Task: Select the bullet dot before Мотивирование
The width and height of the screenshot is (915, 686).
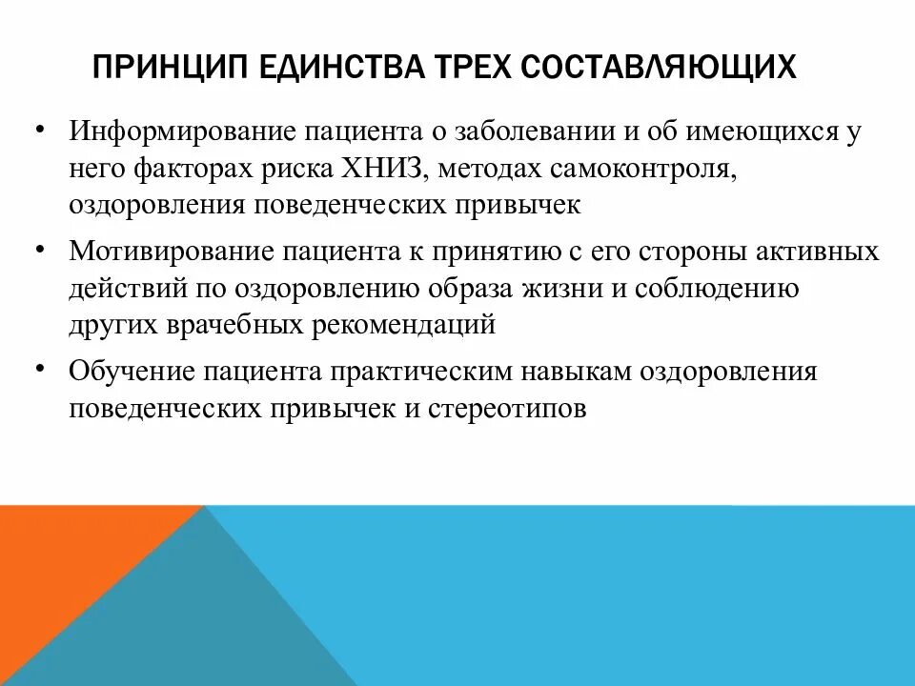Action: tap(41, 248)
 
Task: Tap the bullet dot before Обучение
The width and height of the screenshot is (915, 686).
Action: tap(41, 367)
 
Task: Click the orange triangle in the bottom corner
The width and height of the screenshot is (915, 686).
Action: tap(67, 572)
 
